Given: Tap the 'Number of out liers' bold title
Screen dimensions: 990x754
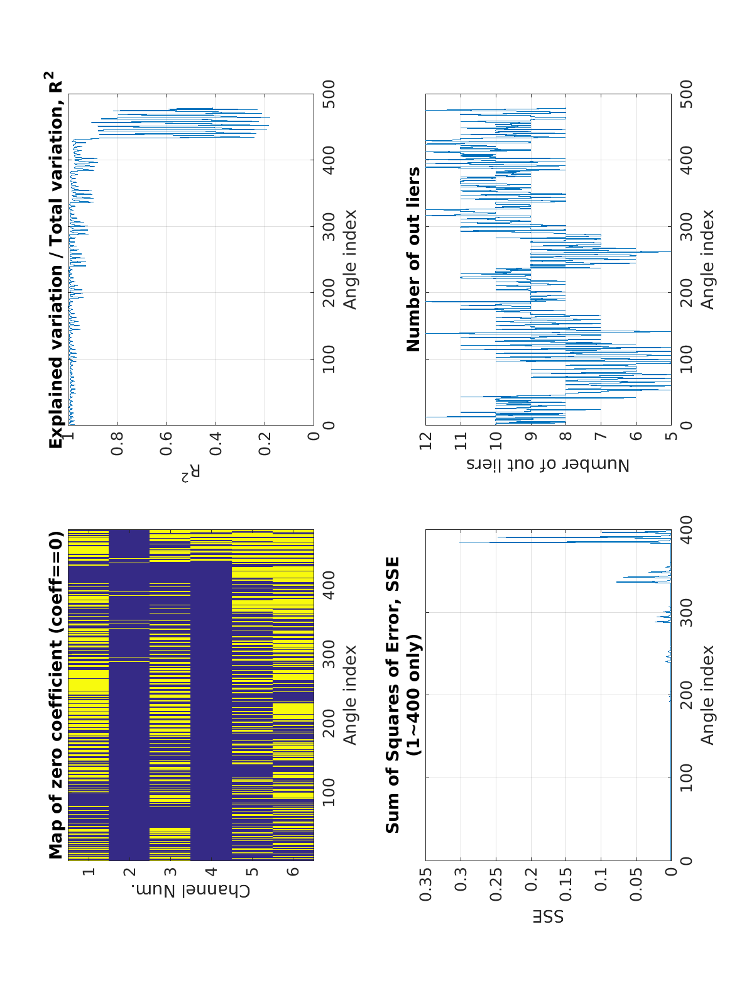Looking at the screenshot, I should click(x=413, y=259).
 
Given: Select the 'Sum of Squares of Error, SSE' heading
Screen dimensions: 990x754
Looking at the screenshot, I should click(x=393, y=695).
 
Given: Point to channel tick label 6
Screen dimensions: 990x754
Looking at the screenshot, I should click(x=293, y=872).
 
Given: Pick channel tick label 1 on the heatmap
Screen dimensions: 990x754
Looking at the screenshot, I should click(x=89, y=872).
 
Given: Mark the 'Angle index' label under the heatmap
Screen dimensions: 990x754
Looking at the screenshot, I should click(x=349, y=695).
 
